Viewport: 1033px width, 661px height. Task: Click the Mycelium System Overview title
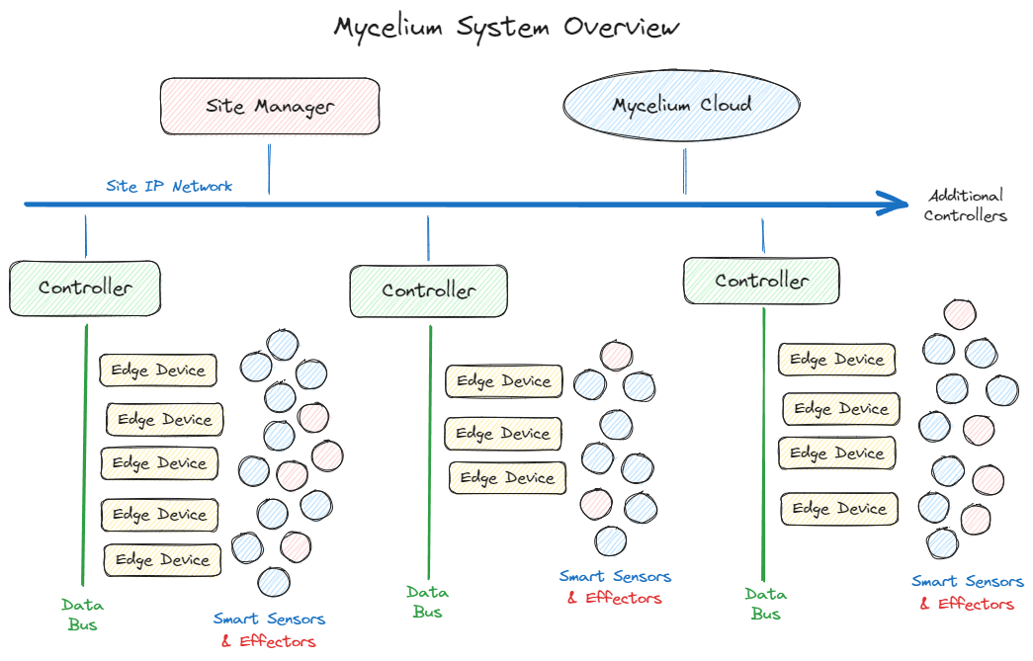point(506,27)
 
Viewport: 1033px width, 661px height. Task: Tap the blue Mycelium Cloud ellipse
point(681,106)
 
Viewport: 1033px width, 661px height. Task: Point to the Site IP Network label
point(169,186)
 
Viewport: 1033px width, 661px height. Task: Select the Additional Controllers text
point(966,206)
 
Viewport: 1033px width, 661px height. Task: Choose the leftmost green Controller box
point(85,289)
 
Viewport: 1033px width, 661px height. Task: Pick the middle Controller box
point(429,290)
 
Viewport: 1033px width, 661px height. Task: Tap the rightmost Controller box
point(761,281)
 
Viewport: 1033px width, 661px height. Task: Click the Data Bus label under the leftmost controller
point(82,614)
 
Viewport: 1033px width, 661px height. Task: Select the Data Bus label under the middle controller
point(427,602)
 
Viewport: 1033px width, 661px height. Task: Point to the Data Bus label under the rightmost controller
point(765,603)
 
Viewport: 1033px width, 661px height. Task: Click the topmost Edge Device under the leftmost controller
point(158,371)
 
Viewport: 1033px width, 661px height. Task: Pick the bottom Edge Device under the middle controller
point(508,478)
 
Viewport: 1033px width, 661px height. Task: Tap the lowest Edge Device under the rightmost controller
point(841,509)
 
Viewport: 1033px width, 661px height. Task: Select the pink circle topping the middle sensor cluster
point(617,356)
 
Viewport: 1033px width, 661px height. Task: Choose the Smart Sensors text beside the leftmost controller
point(269,620)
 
